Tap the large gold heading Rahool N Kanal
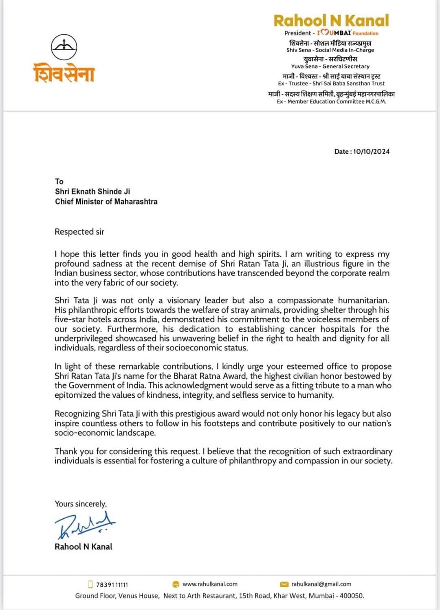click(331, 21)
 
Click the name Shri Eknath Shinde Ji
click(92, 192)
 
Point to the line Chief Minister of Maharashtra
click(106, 202)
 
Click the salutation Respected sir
click(79, 232)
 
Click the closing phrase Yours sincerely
click(81, 504)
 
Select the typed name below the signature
click(84, 547)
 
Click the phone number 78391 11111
click(112, 585)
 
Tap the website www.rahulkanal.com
click(210, 584)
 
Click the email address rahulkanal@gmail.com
click(321, 584)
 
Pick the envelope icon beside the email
click(285, 584)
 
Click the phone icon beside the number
click(90, 584)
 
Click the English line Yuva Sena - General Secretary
click(330, 66)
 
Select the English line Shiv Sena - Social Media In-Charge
click(330, 50)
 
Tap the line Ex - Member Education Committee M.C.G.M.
click(331, 101)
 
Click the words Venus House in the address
click(139, 596)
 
